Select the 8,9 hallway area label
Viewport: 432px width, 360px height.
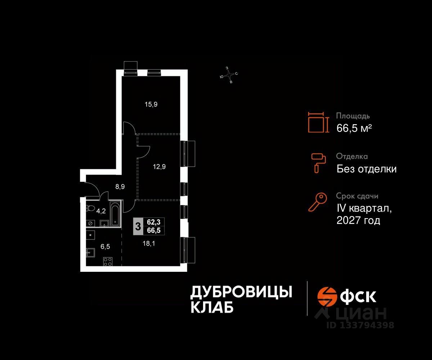pos(120,187)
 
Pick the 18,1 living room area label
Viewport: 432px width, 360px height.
pos(149,243)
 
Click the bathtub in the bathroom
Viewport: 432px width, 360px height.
pos(116,215)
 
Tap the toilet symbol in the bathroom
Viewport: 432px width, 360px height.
pos(90,208)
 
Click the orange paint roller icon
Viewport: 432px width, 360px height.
pos(318,162)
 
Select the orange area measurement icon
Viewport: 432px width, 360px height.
pos(318,122)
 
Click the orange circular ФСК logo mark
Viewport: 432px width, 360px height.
pos(327,297)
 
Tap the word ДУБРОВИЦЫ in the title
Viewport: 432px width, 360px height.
pos(241,292)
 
